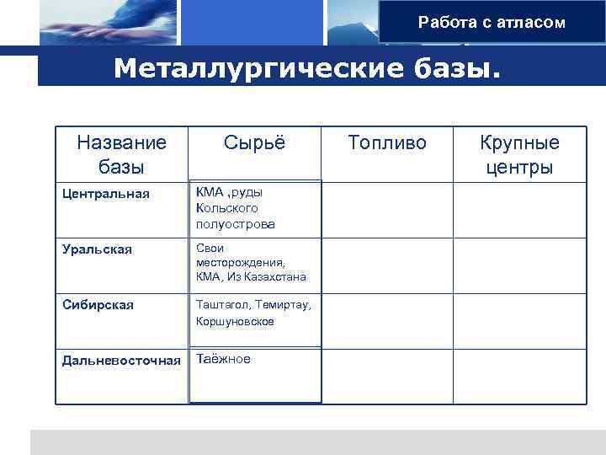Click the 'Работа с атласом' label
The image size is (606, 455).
(492, 23)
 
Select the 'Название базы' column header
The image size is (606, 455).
(121, 154)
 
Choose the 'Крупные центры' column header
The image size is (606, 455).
(519, 154)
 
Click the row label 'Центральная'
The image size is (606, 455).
(106, 195)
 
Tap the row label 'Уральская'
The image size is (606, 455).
(98, 249)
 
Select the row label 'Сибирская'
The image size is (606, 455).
(98, 304)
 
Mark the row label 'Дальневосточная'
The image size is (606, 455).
(121, 361)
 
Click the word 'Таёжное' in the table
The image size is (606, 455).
(223, 359)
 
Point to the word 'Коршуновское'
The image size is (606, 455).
(235, 321)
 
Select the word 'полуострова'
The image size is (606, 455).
(235, 224)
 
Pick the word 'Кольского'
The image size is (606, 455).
(226, 208)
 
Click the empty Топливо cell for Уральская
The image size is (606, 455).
(387, 265)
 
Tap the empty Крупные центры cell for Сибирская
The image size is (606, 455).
(519, 319)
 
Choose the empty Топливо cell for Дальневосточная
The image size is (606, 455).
(387, 375)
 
